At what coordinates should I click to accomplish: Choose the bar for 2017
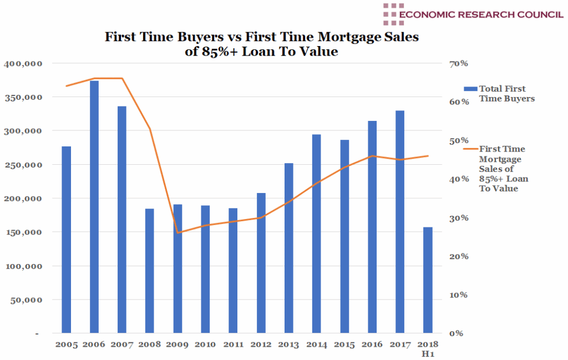(400, 222)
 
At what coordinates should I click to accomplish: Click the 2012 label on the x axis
(261, 344)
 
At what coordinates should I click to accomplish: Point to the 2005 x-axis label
(67, 344)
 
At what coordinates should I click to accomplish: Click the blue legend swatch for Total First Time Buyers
(470, 89)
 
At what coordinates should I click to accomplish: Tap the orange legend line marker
(470, 149)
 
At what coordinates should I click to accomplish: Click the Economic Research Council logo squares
(393, 14)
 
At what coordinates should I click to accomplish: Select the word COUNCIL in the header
(532, 14)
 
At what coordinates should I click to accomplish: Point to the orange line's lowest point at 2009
(177, 233)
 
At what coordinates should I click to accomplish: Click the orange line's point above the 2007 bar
(122, 78)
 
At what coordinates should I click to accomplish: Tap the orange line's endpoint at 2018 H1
(428, 156)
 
